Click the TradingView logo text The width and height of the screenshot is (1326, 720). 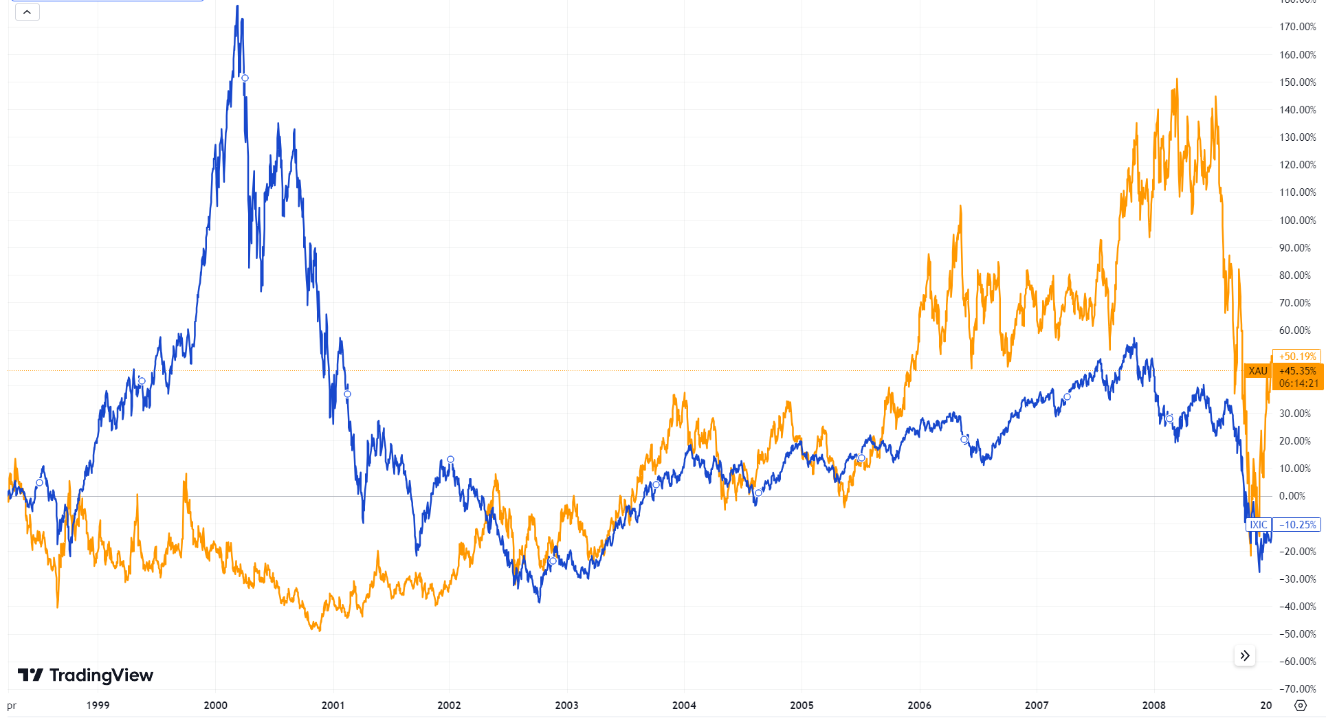point(101,675)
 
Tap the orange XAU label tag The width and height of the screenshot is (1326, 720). point(1257,371)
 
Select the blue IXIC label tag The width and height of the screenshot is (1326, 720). point(1258,525)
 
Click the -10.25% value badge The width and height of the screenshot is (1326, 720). point(1297,525)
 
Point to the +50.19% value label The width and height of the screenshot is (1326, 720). point(1297,357)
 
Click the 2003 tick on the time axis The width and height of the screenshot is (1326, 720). point(566,706)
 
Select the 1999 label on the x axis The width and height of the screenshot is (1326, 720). point(98,706)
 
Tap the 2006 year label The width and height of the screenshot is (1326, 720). point(919,706)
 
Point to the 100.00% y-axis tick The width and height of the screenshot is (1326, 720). point(1297,221)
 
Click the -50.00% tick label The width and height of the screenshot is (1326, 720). point(1297,634)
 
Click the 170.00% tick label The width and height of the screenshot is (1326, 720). point(1297,27)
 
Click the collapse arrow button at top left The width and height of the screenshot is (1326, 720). point(27,12)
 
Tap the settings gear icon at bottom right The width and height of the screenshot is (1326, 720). point(1300,706)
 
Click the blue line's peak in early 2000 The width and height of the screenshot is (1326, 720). point(238,7)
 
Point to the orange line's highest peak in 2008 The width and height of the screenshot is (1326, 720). point(1177,80)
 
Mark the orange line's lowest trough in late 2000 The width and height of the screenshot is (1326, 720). point(319,629)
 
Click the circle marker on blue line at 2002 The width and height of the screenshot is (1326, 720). point(450,460)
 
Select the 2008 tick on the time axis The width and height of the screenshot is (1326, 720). point(1153,706)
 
